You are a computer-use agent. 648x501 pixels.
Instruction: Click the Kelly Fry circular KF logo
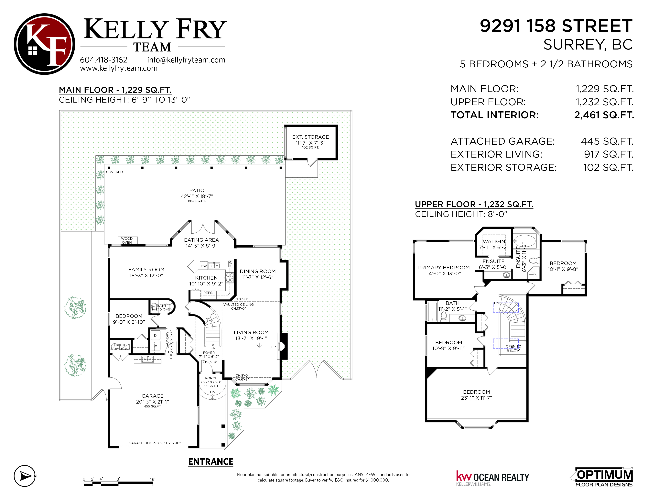45,44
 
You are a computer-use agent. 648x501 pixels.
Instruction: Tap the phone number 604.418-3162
103,60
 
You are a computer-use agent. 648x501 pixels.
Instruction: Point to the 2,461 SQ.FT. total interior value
604,115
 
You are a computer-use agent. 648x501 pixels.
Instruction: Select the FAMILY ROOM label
146,270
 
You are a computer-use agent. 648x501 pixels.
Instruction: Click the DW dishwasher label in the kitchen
204,266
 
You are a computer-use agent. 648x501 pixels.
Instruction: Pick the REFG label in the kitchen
208,293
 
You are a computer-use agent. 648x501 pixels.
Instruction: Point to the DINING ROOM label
258,271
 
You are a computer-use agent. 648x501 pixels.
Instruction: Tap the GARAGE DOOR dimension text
155,443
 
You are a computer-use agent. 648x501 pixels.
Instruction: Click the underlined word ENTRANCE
211,462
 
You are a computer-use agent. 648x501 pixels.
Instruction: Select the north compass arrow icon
25,476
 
